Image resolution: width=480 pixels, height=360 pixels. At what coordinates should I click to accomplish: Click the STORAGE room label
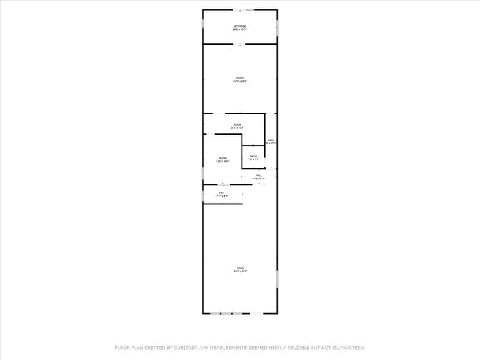(239, 26)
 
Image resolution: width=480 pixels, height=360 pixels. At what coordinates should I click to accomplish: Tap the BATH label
(253, 156)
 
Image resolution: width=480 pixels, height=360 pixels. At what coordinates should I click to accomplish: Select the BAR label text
(222, 193)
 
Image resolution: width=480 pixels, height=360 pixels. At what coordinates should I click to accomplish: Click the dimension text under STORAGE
(239, 29)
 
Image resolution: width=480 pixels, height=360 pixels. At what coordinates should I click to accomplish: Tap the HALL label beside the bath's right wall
(271, 140)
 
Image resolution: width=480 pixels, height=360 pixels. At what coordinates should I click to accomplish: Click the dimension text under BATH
(253, 159)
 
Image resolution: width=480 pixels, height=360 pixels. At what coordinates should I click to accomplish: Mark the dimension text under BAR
(222, 196)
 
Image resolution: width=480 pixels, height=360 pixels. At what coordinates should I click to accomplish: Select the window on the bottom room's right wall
(277, 279)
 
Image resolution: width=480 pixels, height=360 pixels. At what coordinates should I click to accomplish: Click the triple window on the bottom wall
(227, 313)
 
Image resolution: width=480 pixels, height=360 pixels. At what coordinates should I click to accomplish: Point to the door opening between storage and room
(240, 44)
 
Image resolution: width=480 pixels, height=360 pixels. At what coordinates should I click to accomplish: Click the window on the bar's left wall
(203, 196)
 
